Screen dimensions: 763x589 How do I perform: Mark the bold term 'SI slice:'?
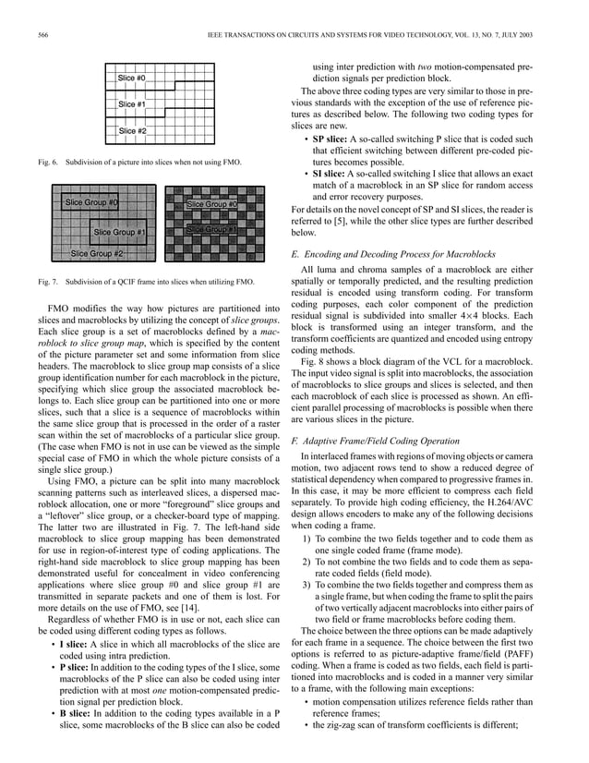click(x=331, y=174)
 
